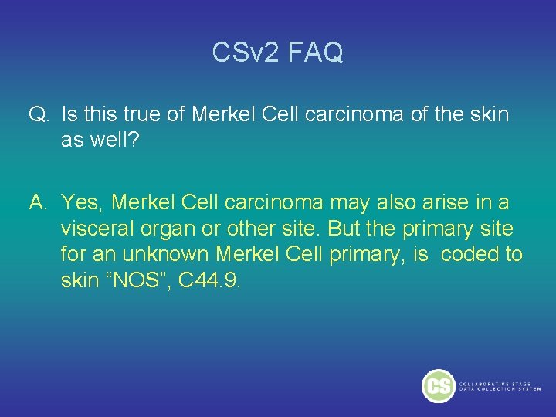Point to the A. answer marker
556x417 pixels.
pyautogui.click(x=39, y=203)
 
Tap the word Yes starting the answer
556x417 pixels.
pyautogui.click(x=83, y=203)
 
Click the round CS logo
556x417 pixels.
pyautogui.click(x=439, y=386)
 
